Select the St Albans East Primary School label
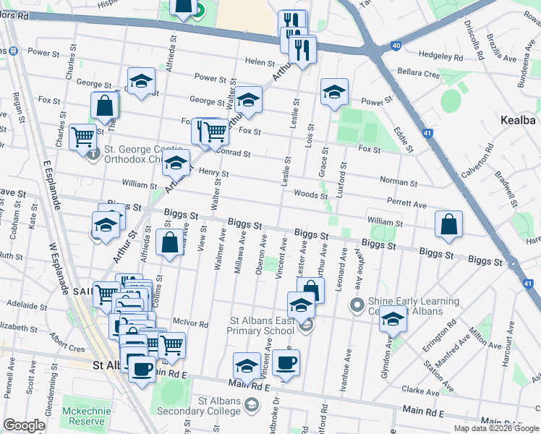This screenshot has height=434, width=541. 260,325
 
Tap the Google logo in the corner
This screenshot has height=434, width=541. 24,425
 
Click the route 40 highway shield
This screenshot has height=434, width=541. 396,46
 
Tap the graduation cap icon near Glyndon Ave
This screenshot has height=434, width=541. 393,318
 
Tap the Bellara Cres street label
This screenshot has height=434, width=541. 418,74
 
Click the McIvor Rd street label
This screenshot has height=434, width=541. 191,323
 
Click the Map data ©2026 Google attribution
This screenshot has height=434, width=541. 497,427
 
